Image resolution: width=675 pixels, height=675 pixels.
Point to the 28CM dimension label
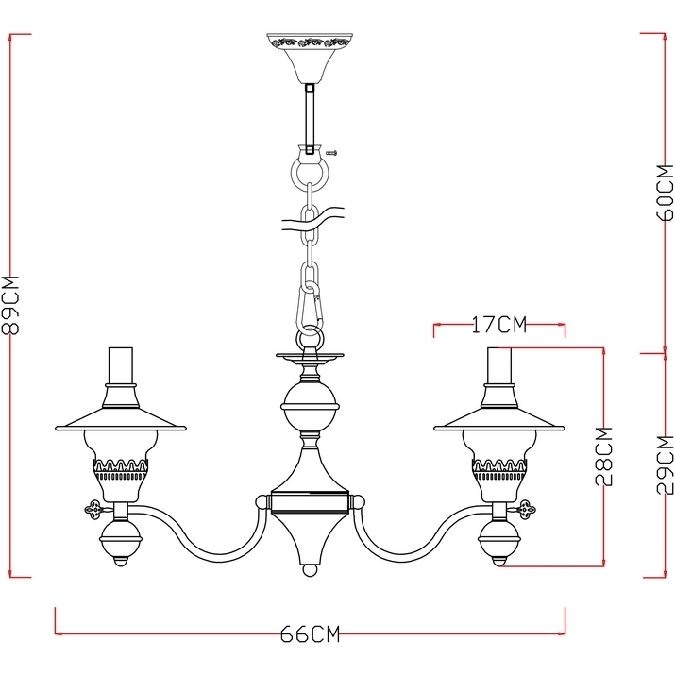[604, 456]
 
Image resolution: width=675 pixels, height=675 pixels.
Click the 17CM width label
[498, 326]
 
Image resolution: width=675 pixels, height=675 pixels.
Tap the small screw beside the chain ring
[331, 151]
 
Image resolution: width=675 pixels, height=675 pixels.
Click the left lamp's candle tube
[120, 368]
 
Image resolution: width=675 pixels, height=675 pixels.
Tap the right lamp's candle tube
[499, 368]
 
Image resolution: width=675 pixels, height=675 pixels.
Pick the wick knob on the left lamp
[93, 510]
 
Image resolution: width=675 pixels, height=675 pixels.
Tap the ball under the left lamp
[120, 543]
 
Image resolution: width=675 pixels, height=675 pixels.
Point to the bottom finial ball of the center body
[309, 571]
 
